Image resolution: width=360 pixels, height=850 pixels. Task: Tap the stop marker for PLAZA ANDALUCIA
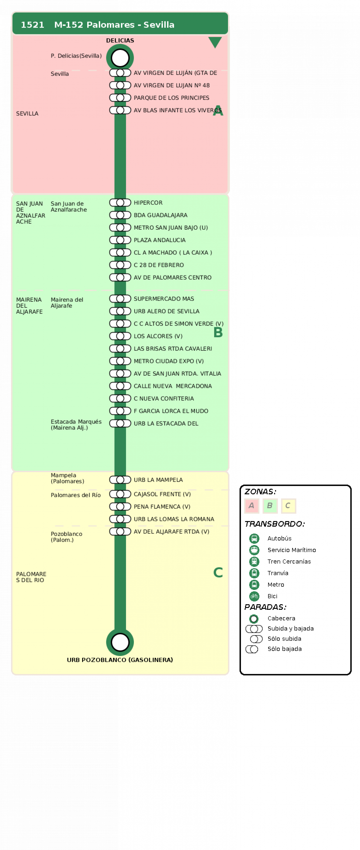pyautogui.click(x=120, y=240)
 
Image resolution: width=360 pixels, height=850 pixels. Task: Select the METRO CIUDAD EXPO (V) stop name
pyautogui.click(x=169, y=361)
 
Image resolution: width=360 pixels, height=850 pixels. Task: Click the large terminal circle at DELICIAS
pyautogui.click(x=120, y=58)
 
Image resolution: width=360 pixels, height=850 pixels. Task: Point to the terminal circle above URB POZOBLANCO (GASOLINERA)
pyautogui.click(x=120, y=642)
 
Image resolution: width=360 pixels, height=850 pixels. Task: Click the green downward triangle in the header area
pyautogui.click(x=215, y=42)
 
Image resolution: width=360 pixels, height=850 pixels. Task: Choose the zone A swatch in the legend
pyautogui.click(x=251, y=506)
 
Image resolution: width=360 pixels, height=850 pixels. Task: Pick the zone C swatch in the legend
pyautogui.click(x=288, y=506)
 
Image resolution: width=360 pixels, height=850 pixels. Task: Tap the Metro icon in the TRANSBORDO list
pyautogui.click(x=254, y=585)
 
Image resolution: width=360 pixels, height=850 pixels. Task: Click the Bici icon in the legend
pyautogui.click(x=254, y=596)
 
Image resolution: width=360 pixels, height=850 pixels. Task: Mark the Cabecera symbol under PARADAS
pyautogui.click(x=254, y=619)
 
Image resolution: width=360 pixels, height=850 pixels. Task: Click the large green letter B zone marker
pyautogui.click(x=218, y=332)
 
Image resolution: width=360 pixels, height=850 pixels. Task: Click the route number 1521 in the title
pyautogui.click(x=32, y=25)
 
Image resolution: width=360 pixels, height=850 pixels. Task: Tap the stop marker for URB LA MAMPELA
pyautogui.click(x=120, y=480)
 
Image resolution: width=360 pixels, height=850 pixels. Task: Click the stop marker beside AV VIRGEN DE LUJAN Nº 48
pyautogui.click(x=120, y=85)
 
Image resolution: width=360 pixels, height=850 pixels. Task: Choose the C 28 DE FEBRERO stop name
pyautogui.click(x=159, y=265)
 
